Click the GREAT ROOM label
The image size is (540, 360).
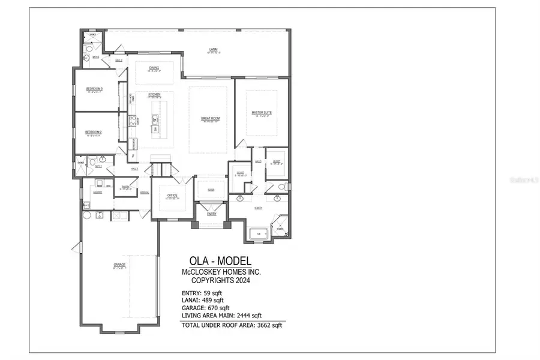point(210,119)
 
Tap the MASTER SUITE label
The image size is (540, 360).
point(262,113)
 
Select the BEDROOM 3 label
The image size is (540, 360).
point(94,89)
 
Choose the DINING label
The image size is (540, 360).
point(154,68)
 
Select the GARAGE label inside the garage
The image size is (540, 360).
point(119,265)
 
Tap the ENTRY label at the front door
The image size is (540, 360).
point(211,213)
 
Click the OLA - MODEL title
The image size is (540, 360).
point(217,261)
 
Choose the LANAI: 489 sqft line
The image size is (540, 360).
point(202,300)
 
